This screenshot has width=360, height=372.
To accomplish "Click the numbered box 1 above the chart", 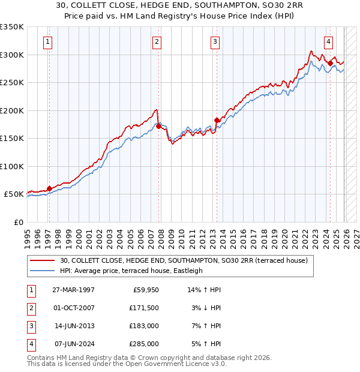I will tap(47, 41).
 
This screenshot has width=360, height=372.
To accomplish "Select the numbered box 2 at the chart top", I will tap(157, 41).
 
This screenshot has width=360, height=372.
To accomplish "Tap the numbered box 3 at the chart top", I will tap(215, 41).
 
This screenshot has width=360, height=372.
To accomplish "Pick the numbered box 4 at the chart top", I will tap(329, 41).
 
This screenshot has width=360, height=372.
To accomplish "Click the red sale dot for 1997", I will tap(49, 188).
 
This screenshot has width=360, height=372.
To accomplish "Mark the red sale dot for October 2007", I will tap(158, 126).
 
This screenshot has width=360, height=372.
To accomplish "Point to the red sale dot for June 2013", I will tap(217, 120).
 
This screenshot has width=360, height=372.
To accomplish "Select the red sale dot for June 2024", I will tap(331, 62).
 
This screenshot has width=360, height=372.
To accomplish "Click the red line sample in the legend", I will tap(43, 260).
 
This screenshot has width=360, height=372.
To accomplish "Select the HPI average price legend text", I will tap(132, 271).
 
